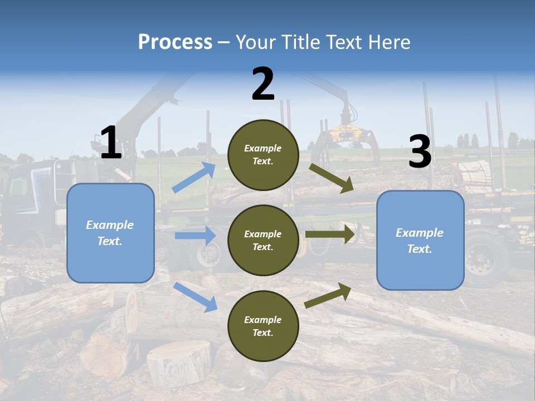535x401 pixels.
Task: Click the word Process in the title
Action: click(175, 42)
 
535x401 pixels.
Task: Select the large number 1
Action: click(111, 143)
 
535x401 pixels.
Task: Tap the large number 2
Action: click(263, 84)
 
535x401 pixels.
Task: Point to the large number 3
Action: click(420, 151)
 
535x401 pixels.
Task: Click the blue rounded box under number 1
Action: click(110, 233)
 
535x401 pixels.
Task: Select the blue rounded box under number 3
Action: click(420, 241)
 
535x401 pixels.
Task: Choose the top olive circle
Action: click(263, 155)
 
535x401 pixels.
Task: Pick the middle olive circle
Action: click(263, 240)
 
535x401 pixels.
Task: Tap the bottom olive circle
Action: click(263, 326)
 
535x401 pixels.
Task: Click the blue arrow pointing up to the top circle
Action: click(194, 178)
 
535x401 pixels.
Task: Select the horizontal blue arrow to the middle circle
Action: click(195, 236)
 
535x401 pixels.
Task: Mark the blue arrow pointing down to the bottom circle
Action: click(196, 296)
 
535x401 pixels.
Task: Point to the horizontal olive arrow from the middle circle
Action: click(330, 234)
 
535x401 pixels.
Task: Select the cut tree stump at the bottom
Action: click(178, 361)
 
